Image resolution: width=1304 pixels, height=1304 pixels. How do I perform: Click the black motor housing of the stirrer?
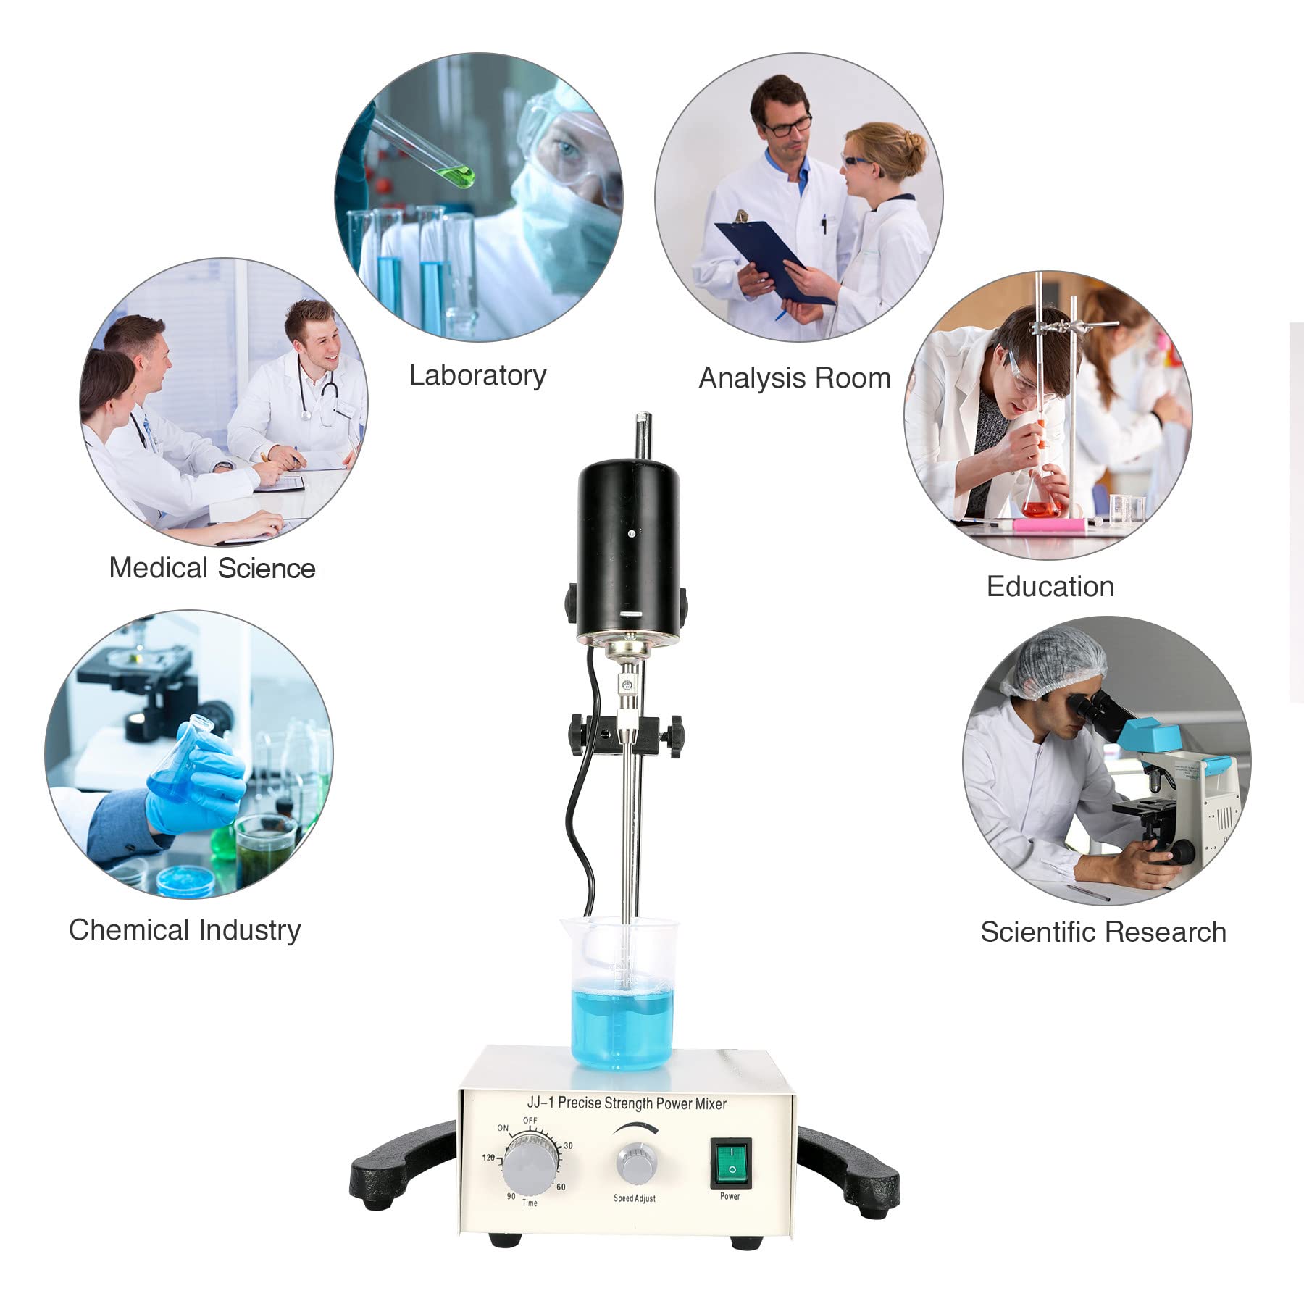coord(628,551)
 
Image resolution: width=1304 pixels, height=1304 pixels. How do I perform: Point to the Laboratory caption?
coord(477,375)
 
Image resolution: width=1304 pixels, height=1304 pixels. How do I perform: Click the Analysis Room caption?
coord(794,378)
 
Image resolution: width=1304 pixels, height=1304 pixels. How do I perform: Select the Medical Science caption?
coord(212,568)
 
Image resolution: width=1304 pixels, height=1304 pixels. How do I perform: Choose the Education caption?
coord(1050,586)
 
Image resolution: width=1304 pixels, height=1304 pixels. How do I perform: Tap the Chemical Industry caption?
coord(185,929)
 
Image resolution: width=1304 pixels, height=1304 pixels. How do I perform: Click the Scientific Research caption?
coord(1103,932)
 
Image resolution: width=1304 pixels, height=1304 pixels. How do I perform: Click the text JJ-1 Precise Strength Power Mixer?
coord(626,1103)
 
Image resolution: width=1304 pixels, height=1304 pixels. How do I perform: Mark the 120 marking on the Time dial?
coord(488,1157)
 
